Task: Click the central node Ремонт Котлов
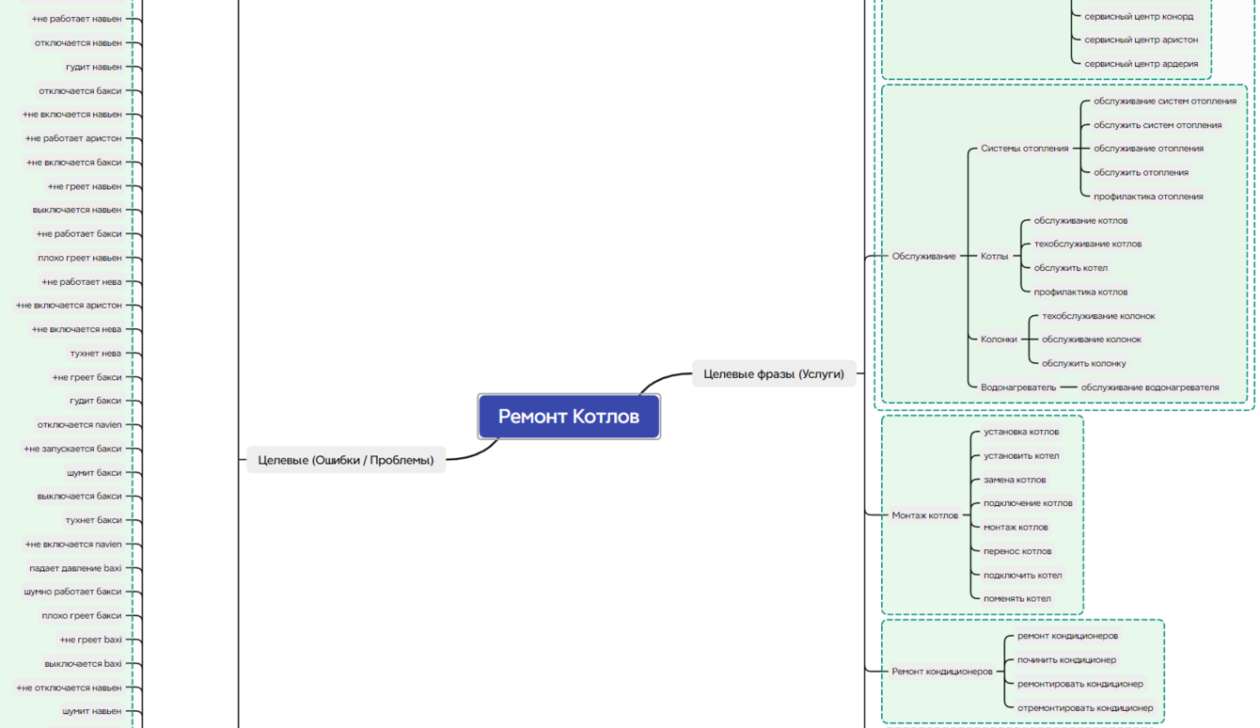click(x=569, y=417)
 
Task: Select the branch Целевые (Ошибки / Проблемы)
click(x=346, y=460)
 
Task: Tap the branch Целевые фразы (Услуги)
click(x=774, y=373)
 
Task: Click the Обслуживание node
click(x=923, y=256)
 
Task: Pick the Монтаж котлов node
click(x=924, y=514)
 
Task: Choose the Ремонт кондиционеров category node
click(x=941, y=672)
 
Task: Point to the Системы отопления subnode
click(x=1024, y=149)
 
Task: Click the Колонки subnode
click(x=999, y=340)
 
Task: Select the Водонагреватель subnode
click(x=1018, y=388)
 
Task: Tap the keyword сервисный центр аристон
click(x=1141, y=40)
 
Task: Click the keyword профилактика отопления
click(x=1148, y=197)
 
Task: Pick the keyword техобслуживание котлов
click(x=1087, y=245)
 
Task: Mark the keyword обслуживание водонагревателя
click(x=1150, y=388)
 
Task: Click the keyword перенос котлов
click(x=1017, y=551)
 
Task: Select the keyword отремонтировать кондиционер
click(x=1085, y=707)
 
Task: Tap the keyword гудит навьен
click(x=93, y=67)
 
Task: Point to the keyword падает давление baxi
click(x=75, y=568)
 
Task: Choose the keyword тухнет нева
click(x=95, y=354)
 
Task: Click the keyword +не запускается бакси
click(x=72, y=449)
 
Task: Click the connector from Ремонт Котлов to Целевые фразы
click(x=662, y=379)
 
